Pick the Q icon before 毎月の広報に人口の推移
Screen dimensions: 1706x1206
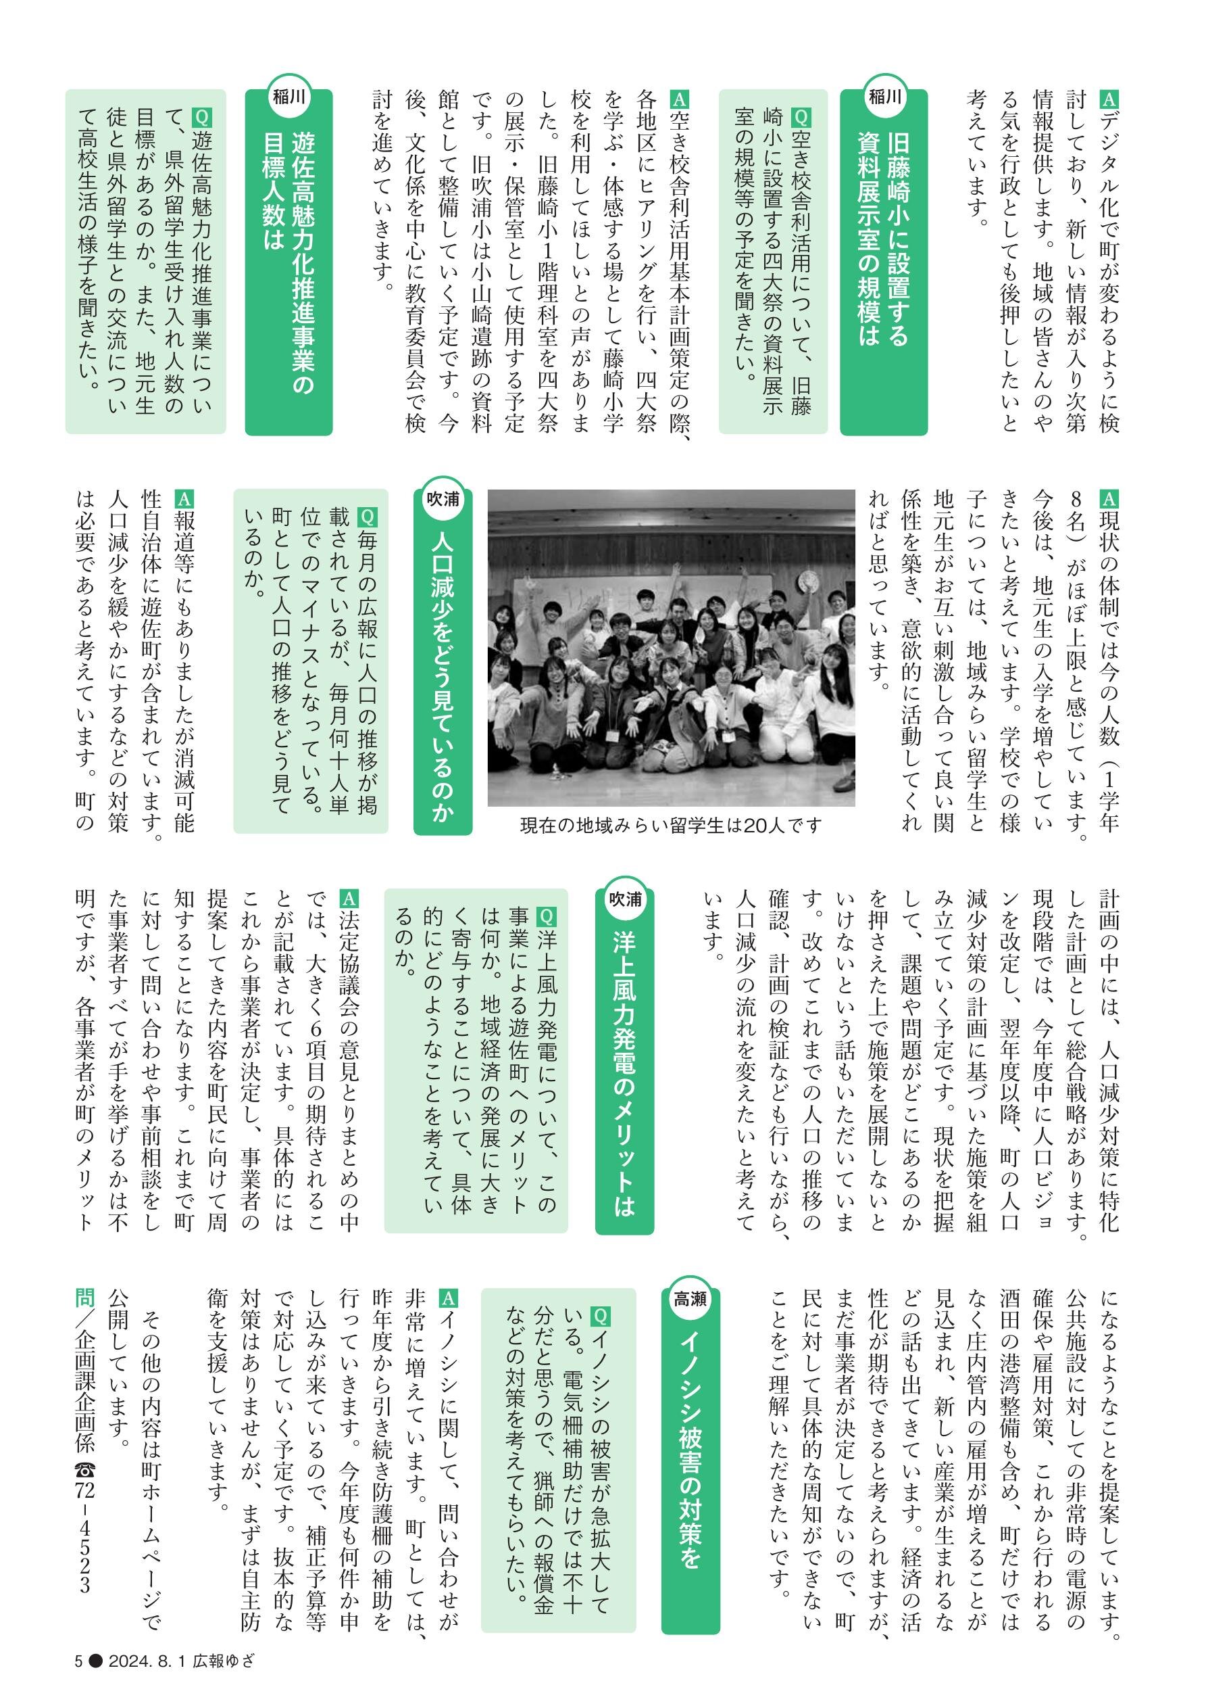click(366, 516)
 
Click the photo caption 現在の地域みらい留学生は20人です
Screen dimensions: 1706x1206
click(671, 825)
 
